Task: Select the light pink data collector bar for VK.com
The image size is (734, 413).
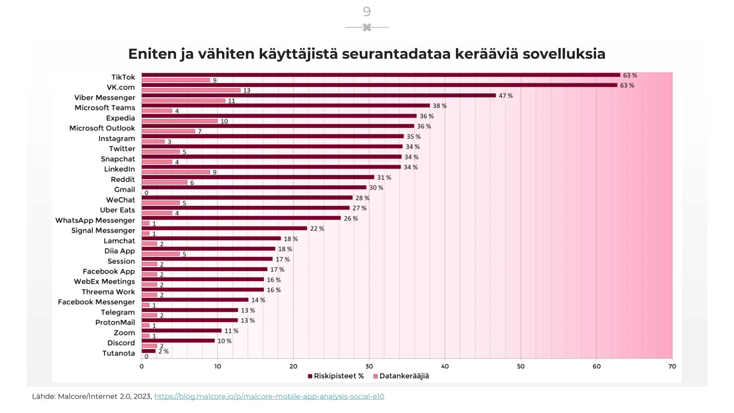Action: click(x=191, y=90)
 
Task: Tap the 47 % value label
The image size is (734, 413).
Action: click(x=505, y=96)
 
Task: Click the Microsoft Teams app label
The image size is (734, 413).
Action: click(x=105, y=108)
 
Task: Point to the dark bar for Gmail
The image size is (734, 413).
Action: click(x=254, y=187)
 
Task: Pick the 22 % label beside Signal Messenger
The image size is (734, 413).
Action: click(x=317, y=229)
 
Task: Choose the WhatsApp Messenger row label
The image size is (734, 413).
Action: click(x=95, y=220)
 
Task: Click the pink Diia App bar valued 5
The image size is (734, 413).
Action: click(x=161, y=254)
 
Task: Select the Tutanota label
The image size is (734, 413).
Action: click(x=119, y=353)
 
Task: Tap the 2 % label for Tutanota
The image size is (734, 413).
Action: click(x=163, y=351)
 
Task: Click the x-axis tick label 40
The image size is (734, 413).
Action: click(x=445, y=366)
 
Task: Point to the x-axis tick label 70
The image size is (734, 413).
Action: click(x=672, y=366)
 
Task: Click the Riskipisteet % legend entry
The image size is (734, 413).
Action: click(x=336, y=376)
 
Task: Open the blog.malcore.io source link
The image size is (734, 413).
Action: click(x=269, y=397)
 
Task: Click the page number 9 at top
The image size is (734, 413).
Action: click(x=367, y=12)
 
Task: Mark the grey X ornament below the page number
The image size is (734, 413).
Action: click(x=367, y=27)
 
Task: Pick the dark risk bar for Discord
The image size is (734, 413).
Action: click(x=178, y=341)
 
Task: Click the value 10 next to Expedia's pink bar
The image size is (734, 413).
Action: click(x=224, y=122)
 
